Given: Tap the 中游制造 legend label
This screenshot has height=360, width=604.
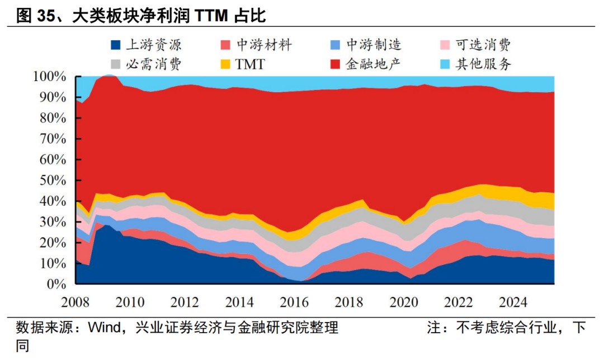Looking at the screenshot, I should tap(374, 45).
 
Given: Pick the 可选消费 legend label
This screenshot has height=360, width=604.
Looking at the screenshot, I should tap(483, 45).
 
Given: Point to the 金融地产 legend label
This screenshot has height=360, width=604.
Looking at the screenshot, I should tap(374, 64).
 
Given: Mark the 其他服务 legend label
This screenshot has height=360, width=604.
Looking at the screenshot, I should tap(483, 64).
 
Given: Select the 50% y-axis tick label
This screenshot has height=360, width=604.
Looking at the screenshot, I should tap(51, 181).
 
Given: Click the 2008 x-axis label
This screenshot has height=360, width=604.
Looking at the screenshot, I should tap(75, 302).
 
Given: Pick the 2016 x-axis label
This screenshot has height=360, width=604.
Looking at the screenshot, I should tap(294, 302).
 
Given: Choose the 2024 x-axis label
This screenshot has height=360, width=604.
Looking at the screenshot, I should tap(513, 302).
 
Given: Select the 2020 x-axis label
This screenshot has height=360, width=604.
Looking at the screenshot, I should tap(404, 302).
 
